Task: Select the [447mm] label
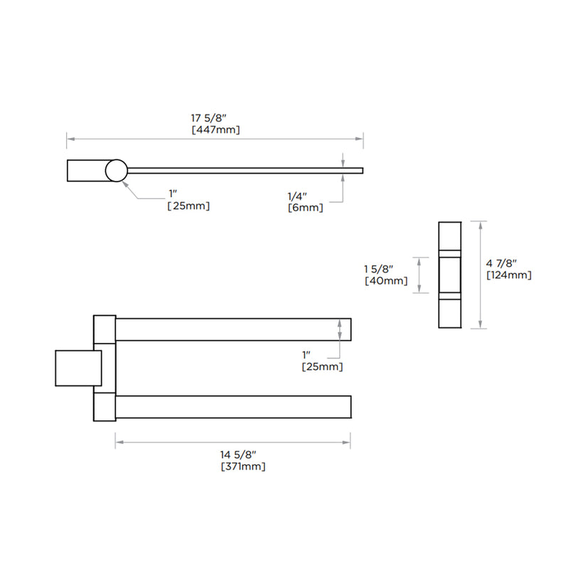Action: pyautogui.click(x=216, y=130)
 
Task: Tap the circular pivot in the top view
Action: pyautogui.click(x=116, y=171)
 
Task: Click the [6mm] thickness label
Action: pyautogui.click(x=306, y=208)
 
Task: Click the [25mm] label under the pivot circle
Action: pyautogui.click(x=188, y=206)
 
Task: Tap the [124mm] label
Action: pyautogui.click(x=509, y=275)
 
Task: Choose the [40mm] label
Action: pyautogui.click(x=385, y=281)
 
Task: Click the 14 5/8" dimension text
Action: pyautogui.click(x=240, y=454)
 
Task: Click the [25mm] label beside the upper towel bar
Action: pyautogui.click(x=321, y=366)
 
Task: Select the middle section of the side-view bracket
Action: pyautogui.click(x=451, y=275)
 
